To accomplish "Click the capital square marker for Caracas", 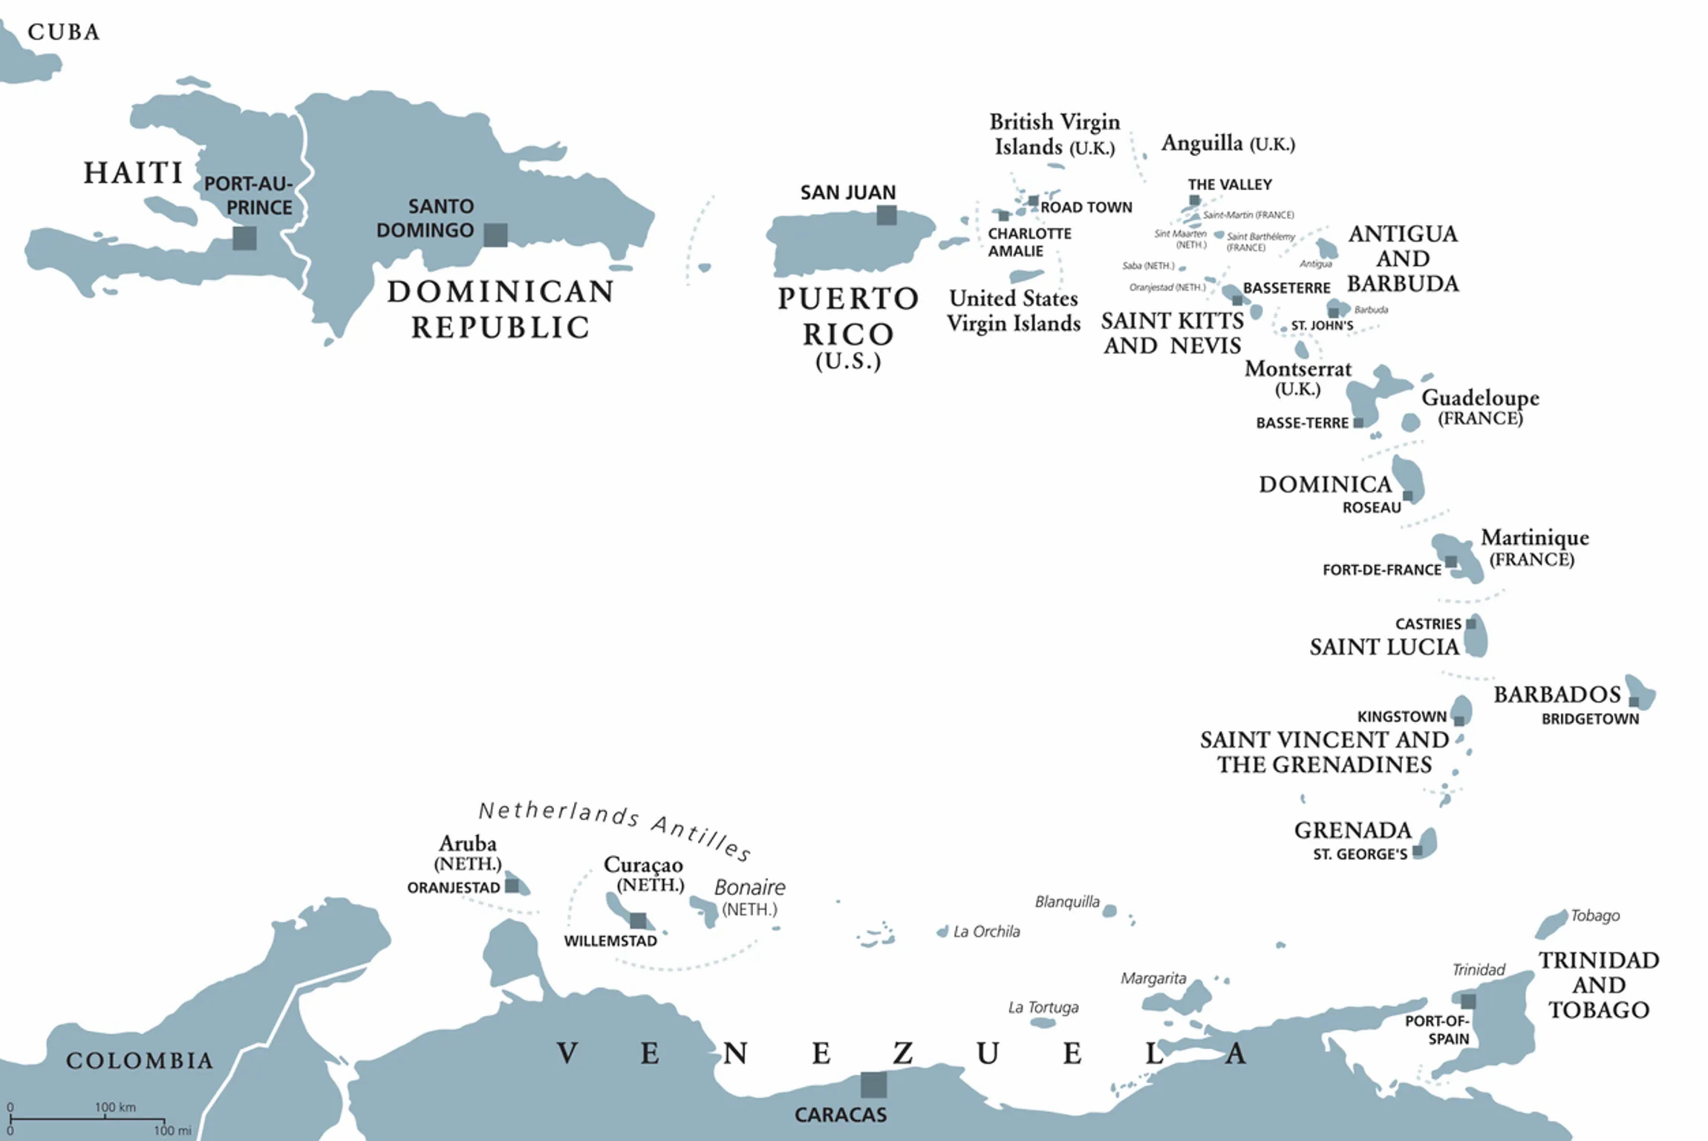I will (873, 1085).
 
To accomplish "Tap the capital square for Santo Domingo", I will (495, 235).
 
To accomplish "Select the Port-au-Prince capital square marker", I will (244, 238).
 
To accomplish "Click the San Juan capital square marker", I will (886, 215).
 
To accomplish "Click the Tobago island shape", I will (1551, 924).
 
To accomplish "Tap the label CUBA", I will (63, 32).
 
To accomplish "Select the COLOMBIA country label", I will (140, 1060).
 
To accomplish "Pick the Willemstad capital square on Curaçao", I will (638, 920).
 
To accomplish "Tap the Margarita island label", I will (1153, 978).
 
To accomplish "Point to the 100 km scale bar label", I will (115, 1107).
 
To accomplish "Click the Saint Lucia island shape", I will (1476, 637).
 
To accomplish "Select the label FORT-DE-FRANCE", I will (1381, 570).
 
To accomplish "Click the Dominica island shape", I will (1408, 477).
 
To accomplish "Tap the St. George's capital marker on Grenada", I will (1417, 851).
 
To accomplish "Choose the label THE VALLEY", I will (1230, 184).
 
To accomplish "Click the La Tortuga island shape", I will (1043, 1023).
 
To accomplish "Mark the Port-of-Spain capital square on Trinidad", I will (1468, 1001).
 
